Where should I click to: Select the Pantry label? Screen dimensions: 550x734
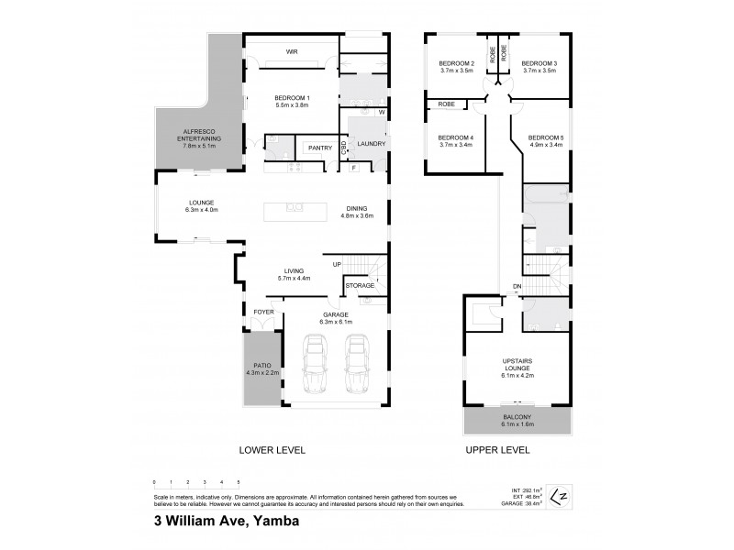click(319, 148)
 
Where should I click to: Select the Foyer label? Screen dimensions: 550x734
click(264, 312)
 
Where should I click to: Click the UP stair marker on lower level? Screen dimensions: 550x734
click(337, 264)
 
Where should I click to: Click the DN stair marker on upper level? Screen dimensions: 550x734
click(517, 285)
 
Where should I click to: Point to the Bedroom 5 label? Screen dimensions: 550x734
click(547, 139)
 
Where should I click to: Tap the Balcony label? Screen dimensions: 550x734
click(517, 419)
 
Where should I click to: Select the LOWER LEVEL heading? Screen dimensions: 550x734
click(272, 451)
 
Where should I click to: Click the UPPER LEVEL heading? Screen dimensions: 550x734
click(499, 451)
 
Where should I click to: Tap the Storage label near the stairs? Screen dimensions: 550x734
click(360, 286)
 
